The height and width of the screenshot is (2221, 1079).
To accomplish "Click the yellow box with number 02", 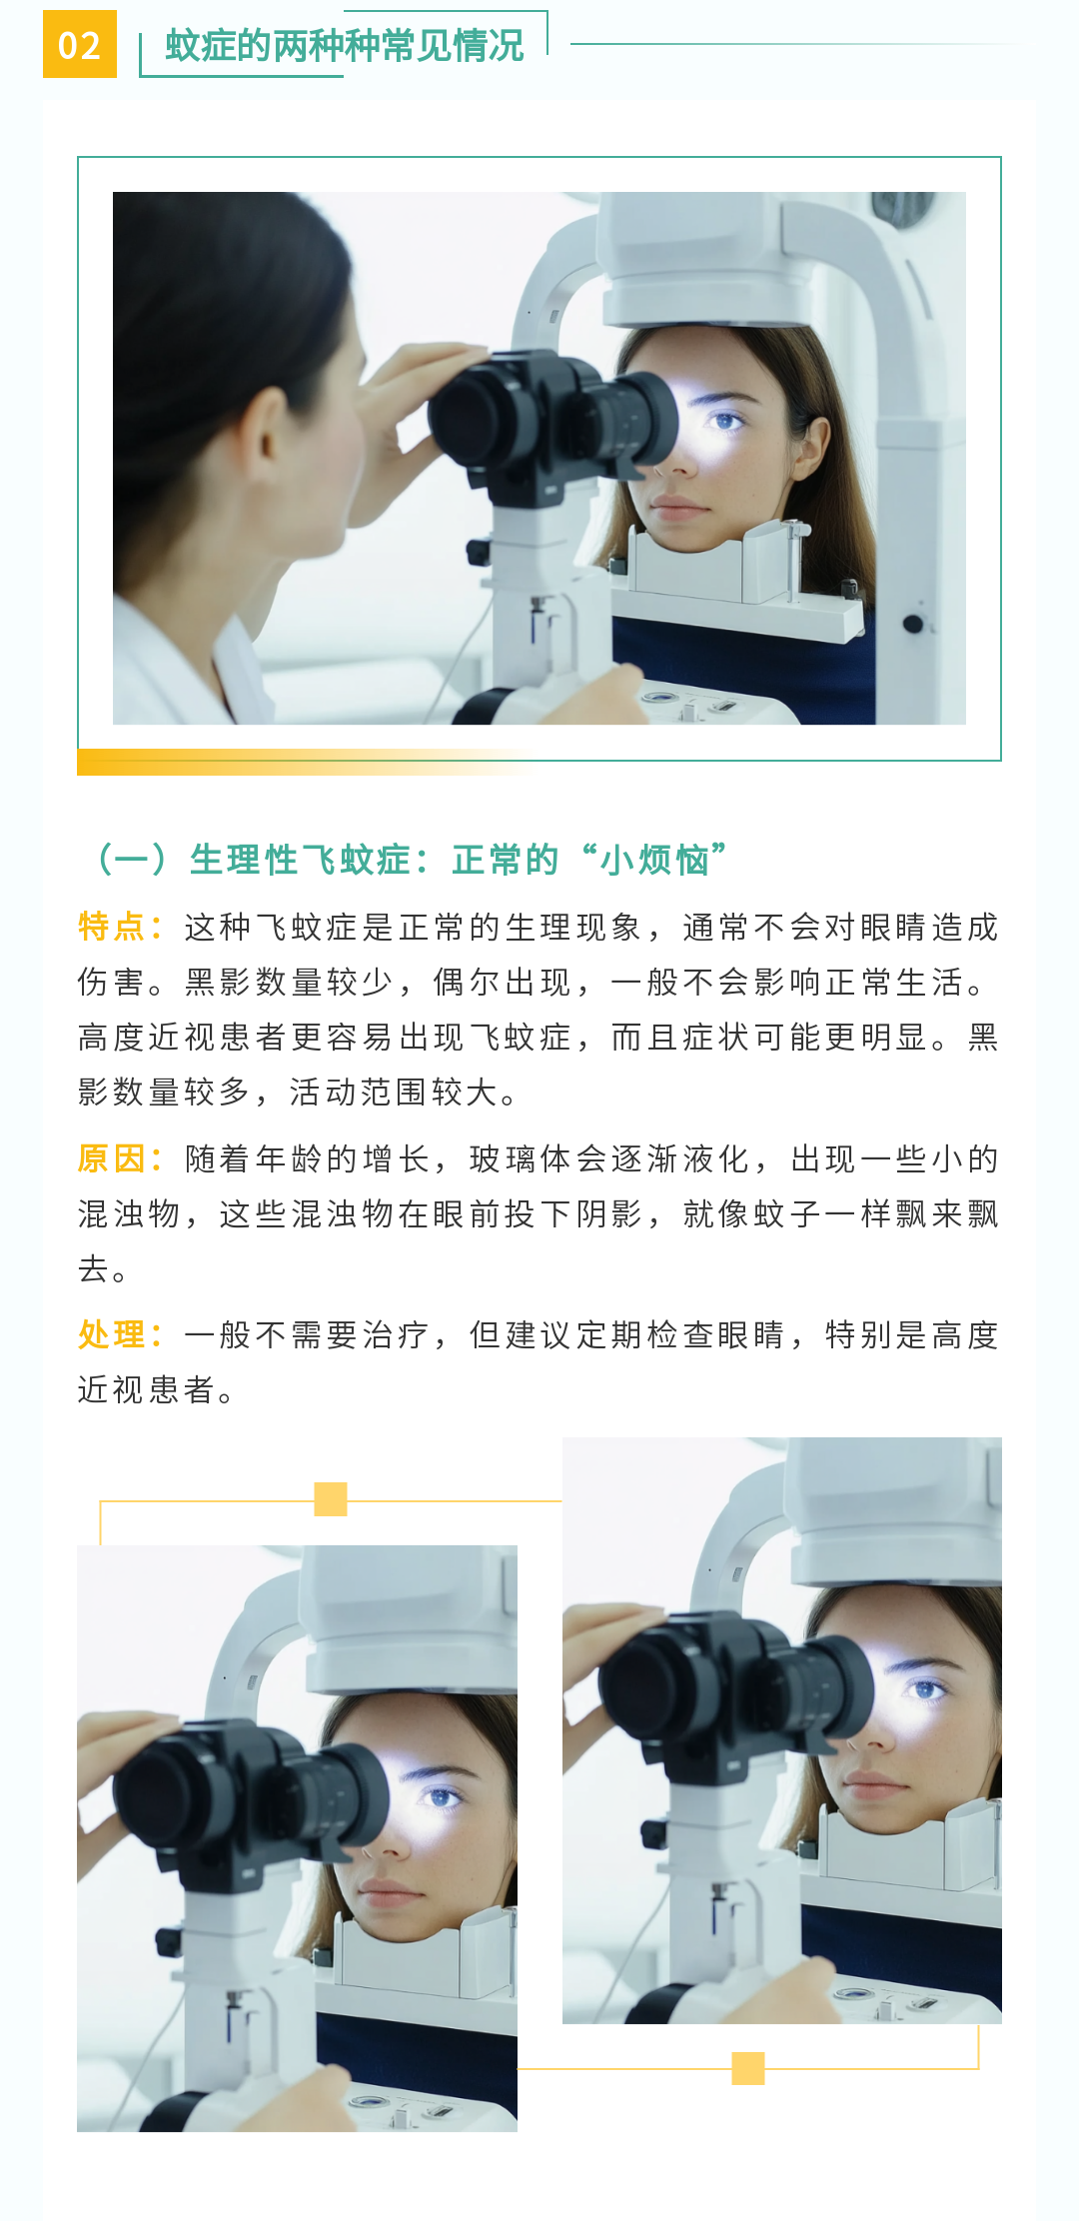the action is pyautogui.click(x=80, y=44).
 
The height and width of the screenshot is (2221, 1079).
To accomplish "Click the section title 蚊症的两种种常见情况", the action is pyautogui.click(x=345, y=46).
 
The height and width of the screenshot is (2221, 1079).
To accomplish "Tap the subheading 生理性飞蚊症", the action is pyautogui.click(x=300, y=860).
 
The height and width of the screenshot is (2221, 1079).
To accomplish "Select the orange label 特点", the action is pyautogui.click(x=111, y=927).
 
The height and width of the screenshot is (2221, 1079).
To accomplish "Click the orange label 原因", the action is pyautogui.click(x=111, y=1158).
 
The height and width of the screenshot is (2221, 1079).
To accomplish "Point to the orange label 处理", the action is pyautogui.click(x=111, y=1334).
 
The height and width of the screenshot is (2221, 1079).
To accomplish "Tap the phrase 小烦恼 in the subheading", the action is pyautogui.click(x=654, y=860).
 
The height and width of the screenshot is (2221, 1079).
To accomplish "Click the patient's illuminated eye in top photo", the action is pyautogui.click(x=724, y=421).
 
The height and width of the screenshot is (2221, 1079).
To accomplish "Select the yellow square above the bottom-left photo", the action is pyautogui.click(x=331, y=1499).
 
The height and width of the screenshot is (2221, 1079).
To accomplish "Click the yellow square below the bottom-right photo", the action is pyautogui.click(x=748, y=2068).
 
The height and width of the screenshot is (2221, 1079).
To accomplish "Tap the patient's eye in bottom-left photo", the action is pyautogui.click(x=440, y=1797).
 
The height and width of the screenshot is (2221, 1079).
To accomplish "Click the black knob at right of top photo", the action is pyautogui.click(x=912, y=624).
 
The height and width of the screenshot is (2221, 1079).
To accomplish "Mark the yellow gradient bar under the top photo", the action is pyautogui.click(x=305, y=763).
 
